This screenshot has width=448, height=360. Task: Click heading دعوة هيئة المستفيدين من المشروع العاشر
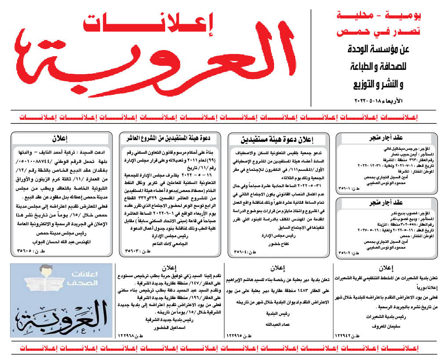point(171,138)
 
